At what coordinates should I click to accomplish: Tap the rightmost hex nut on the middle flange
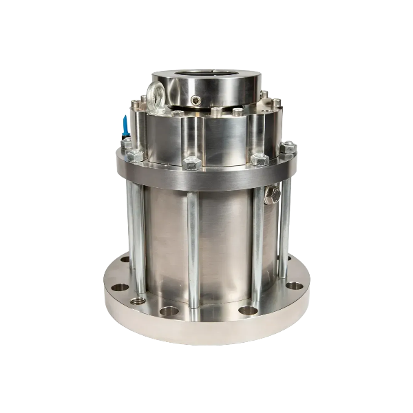tap(289, 146)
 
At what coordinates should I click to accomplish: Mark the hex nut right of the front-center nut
tap(259, 160)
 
